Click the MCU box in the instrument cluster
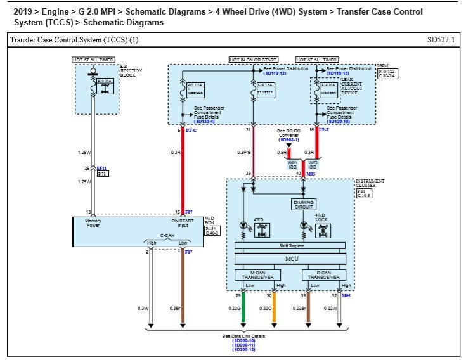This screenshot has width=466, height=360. [291, 259]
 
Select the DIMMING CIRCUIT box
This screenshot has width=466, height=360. [303, 204]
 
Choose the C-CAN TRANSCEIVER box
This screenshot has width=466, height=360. [324, 275]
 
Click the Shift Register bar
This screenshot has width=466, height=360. [291, 245]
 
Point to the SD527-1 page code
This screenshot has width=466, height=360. [441, 40]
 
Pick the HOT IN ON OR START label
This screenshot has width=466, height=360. [254, 60]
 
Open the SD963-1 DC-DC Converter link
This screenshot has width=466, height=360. [288, 140]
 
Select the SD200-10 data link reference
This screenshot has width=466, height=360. [244, 340]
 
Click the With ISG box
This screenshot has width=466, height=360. [292, 164]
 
